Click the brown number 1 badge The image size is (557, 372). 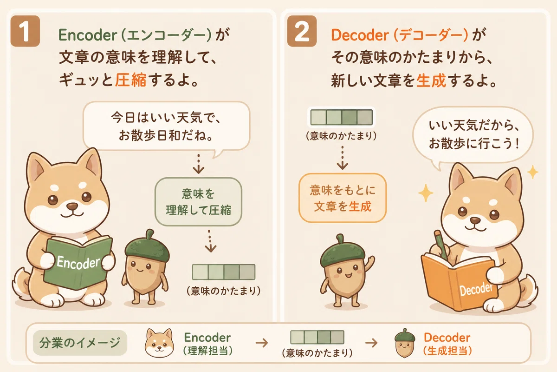tap(25, 31)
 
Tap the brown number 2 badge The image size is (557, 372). tap(302, 31)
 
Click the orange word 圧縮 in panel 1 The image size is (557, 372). tap(130, 80)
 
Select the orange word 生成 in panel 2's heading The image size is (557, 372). tap(431, 80)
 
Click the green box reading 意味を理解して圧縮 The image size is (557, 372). tap(198, 201)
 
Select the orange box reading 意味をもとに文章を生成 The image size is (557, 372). tap(343, 198)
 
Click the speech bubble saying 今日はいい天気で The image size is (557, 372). tap(166, 126)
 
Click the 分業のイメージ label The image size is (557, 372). tap(80, 343)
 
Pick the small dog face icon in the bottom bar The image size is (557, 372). tap(159, 343)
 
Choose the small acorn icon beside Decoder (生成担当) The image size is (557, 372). tap(405, 343)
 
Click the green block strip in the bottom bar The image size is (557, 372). tap(317, 337)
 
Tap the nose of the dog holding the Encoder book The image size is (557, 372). tap(72, 206)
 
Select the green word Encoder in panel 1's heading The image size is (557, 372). tap(88, 35)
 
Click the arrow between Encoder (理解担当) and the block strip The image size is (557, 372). tap(262, 343)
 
